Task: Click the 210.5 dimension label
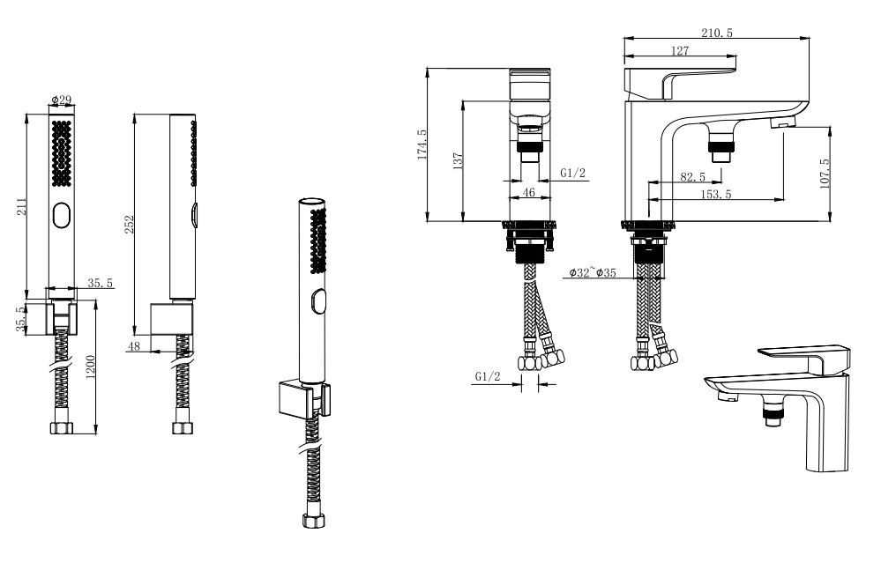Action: click(716, 33)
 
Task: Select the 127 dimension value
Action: click(680, 50)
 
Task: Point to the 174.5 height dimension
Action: click(422, 144)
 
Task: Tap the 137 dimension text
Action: click(458, 160)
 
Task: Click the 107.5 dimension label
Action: click(825, 174)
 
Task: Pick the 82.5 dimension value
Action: click(693, 177)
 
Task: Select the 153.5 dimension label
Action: click(716, 194)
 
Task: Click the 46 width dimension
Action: click(529, 192)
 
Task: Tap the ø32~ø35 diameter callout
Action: click(593, 273)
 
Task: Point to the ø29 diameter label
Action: click(61, 100)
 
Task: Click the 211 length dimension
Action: click(21, 206)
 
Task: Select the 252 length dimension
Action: click(130, 225)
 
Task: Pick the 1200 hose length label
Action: click(91, 367)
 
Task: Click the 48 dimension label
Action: click(134, 346)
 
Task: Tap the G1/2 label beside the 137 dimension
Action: click(572, 173)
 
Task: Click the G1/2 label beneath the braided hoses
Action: click(487, 376)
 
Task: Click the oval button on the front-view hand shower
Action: click(61, 216)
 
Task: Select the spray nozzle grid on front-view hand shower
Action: click(61, 154)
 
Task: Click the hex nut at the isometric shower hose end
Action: click(314, 521)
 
